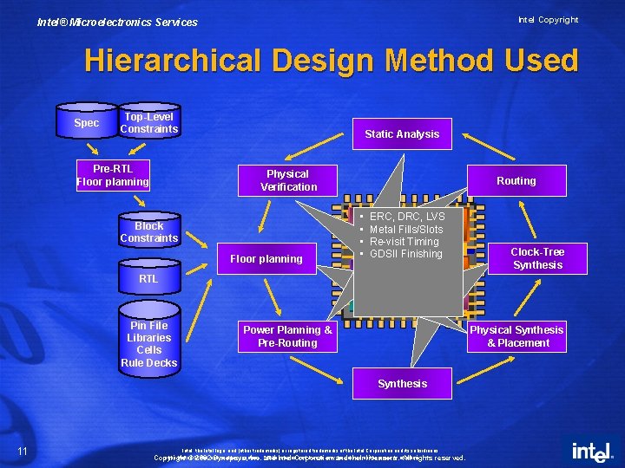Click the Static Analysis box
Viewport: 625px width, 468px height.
pyautogui.click(x=402, y=133)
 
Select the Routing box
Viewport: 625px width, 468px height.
pyautogui.click(x=516, y=180)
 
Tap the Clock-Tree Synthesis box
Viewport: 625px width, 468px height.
pyautogui.click(x=537, y=258)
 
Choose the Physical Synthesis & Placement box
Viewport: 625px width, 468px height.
pyautogui.click(x=517, y=336)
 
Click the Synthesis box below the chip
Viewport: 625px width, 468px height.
pyautogui.click(x=402, y=383)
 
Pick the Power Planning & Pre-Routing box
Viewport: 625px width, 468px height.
pyautogui.click(x=286, y=336)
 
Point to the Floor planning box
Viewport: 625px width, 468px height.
pyautogui.click(x=266, y=258)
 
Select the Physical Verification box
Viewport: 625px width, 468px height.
pyautogui.click(x=288, y=180)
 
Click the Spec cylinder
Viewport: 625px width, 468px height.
pyautogui.click(x=86, y=123)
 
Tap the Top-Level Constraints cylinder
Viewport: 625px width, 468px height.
pyautogui.click(x=148, y=123)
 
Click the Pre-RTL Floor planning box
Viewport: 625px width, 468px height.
pyautogui.click(x=113, y=174)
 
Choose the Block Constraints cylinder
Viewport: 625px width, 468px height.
pyautogui.click(x=148, y=231)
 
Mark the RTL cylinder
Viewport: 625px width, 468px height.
pyautogui.click(x=148, y=278)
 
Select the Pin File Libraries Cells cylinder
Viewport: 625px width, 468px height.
pyautogui.click(x=148, y=343)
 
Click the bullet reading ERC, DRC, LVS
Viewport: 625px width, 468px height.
pyautogui.click(x=406, y=217)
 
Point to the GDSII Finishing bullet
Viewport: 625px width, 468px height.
pyautogui.click(x=405, y=254)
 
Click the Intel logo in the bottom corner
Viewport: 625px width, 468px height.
pyautogui.click(x=590, y=452)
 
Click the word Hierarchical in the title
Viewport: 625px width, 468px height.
pyautogui.click(x=172, y=61)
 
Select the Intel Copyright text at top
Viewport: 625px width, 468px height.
pyautogui.click(x=548, y=20)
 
